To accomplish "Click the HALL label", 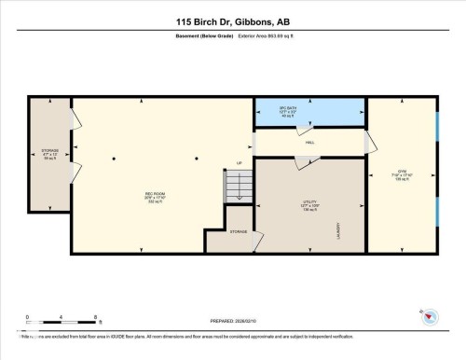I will [308, 143].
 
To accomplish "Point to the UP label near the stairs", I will [239, 164].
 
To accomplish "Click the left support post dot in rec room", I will [114, 159].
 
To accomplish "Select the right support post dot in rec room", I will [197, 159].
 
